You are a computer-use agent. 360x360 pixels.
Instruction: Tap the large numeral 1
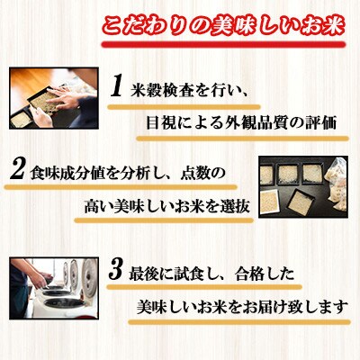click(116, 86)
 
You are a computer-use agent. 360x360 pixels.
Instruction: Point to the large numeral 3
click(115, 269)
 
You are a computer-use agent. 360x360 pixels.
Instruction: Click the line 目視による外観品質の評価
click(241, 122)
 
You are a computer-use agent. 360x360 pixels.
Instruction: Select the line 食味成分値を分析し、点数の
click(128, 174)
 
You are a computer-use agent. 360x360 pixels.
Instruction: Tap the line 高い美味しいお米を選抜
click(166, 207)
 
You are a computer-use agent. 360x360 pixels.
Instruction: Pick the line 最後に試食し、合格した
click(211, 274)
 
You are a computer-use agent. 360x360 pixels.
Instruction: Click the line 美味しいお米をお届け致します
click(242, 307)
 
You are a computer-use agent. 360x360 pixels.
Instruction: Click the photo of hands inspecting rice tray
click(54, 98)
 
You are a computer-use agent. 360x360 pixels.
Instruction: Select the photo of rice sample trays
click(303, 186)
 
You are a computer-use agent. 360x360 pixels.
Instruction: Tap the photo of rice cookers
click(54, 288)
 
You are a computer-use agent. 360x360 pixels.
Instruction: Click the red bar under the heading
click(223, 45)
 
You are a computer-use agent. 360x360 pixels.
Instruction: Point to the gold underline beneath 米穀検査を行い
click(184, 107)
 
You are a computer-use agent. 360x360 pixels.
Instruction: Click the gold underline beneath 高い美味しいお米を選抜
click(164, 220)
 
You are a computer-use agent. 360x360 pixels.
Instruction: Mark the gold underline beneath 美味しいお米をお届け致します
click(239, 322)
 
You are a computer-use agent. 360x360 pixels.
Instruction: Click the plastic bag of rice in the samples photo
click(337, 184)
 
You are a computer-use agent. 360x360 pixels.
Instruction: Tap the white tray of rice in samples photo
click(268, 202)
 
